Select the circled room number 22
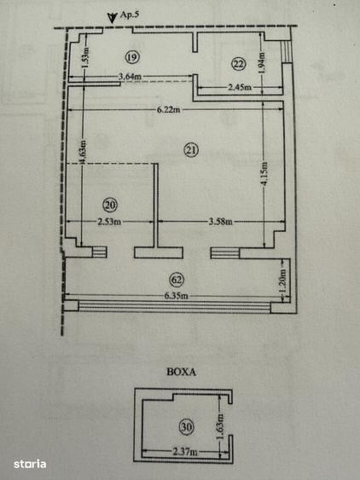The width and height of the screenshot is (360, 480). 238,62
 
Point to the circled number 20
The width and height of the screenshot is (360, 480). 109,205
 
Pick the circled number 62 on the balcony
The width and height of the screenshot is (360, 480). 177,278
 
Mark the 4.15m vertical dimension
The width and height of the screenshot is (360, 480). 271,182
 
